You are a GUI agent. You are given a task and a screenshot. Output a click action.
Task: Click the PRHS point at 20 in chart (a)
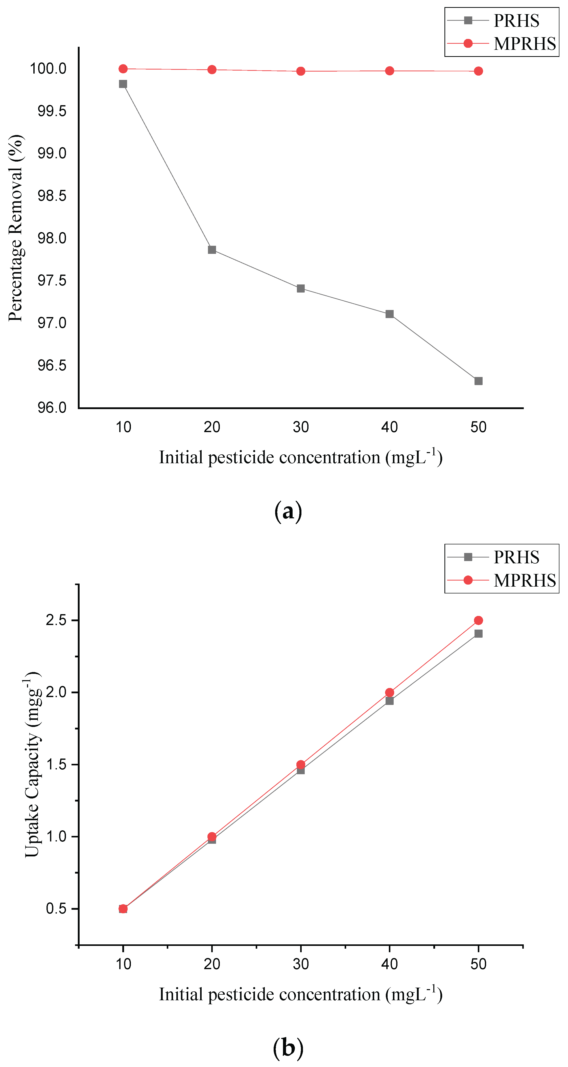212,250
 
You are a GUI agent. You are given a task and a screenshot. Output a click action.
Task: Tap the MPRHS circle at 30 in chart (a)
301,71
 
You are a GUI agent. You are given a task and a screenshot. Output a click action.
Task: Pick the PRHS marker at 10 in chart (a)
123,84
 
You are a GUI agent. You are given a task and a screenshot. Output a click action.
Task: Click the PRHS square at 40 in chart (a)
390,314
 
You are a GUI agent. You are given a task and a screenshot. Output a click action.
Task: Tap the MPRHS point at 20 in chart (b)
212,836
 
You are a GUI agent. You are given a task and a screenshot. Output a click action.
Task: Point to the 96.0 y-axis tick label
52,408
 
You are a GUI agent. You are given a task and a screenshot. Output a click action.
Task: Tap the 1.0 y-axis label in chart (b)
56,836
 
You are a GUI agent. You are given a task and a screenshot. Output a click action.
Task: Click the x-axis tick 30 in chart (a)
301,427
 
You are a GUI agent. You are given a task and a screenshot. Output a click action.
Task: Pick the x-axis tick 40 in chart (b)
390,964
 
